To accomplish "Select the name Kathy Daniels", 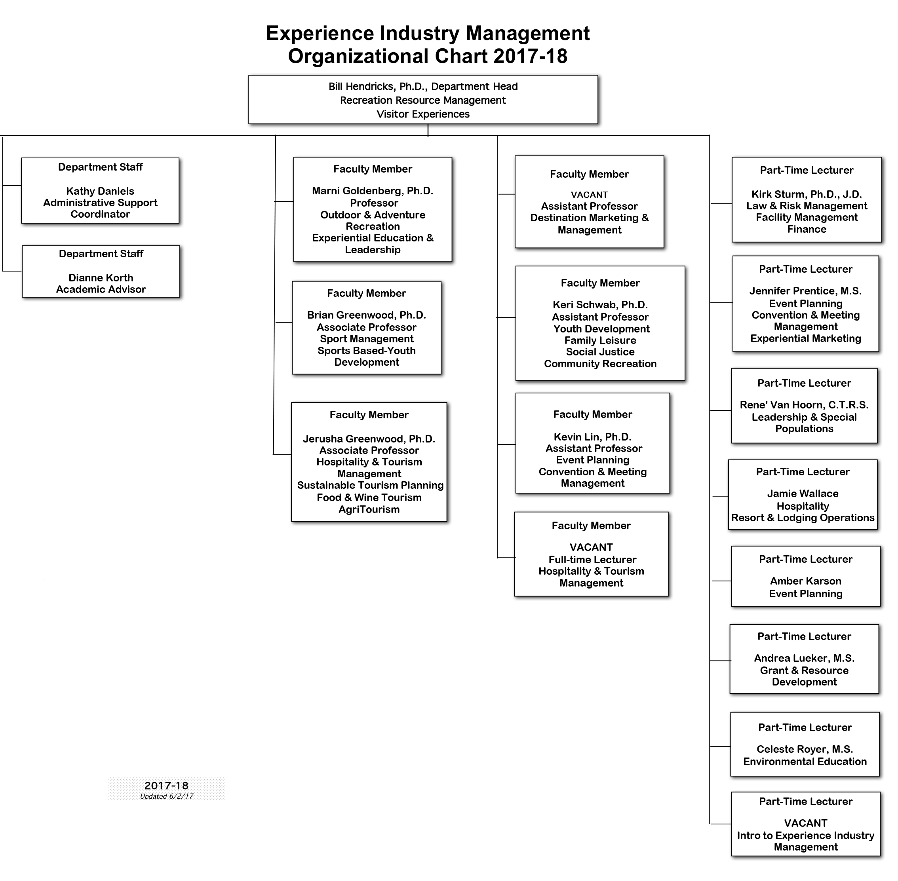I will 100,191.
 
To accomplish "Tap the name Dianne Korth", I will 101,277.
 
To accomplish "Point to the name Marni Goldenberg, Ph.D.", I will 373,191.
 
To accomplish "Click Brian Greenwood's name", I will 367,315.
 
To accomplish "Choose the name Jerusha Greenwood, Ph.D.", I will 369,439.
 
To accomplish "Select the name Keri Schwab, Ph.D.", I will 600,304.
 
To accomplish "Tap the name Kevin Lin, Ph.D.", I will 592,437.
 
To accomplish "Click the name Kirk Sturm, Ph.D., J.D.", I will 807,194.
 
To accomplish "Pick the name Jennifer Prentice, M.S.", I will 805,291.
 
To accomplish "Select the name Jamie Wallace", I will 803,493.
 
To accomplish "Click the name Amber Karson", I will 805,581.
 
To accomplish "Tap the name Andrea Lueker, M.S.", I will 804,658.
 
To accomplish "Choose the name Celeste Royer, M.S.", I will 805,749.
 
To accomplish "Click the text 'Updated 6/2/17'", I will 167,796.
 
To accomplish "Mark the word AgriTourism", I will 369,509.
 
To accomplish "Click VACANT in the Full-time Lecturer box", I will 591,547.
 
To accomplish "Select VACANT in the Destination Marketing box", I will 589,195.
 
